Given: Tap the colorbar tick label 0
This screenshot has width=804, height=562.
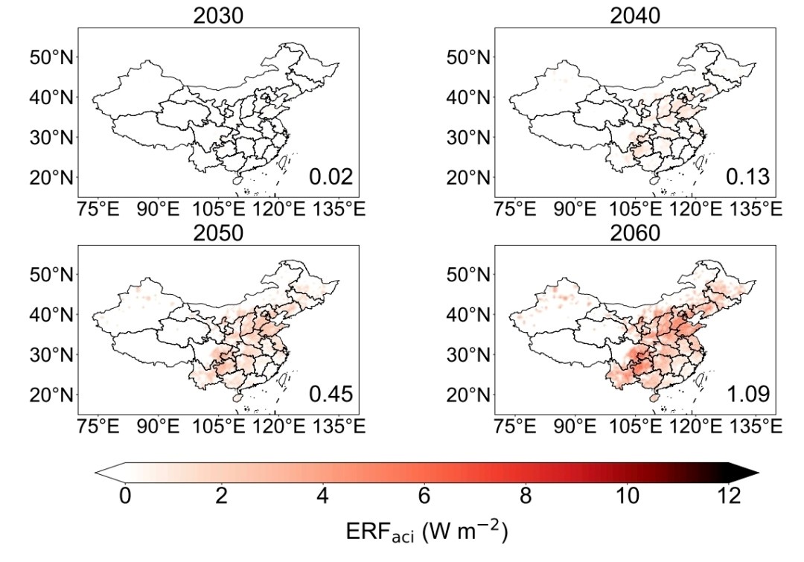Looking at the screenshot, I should point(124,495).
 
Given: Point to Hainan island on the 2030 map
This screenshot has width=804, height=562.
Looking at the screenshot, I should point(237,179).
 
